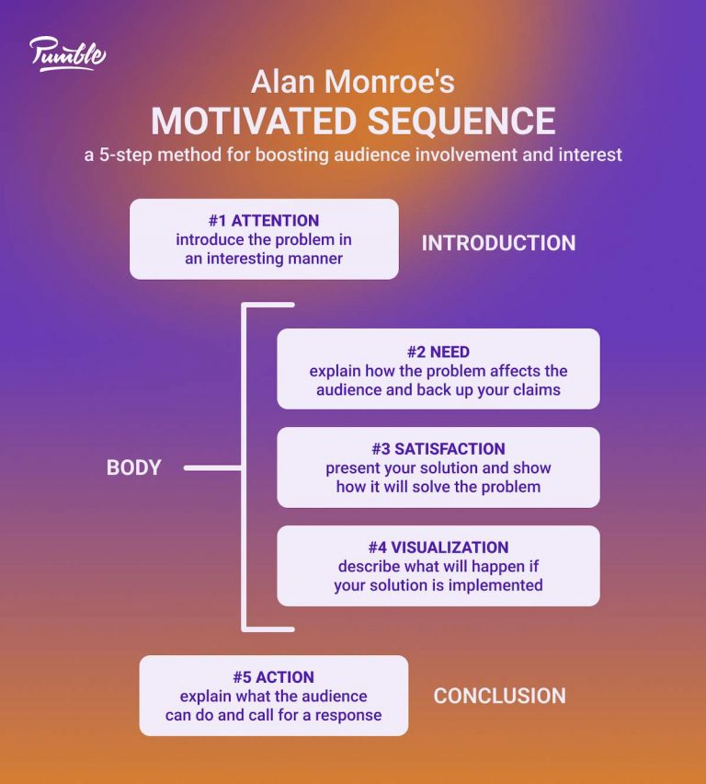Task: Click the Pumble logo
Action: [67, 53]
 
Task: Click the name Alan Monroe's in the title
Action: [353, 83]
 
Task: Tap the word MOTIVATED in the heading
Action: [243, 121]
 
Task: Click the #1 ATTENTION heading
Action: [264, 221]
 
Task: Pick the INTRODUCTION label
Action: [498, 243]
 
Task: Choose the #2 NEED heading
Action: [438, 352]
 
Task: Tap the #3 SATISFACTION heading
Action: [438, 449]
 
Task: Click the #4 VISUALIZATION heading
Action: [438, 548]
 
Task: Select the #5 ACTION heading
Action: [273, 677]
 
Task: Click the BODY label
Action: [133, 467]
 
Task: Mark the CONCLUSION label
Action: [499, 696]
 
